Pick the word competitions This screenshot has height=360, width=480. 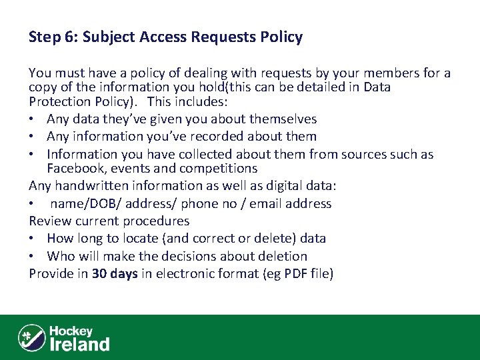(x=218, y=169)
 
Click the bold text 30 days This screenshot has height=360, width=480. (x=115, y=273)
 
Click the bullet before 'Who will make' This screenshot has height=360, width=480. (x=34, y=256)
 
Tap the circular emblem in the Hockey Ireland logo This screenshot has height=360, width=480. (x=31, y=337)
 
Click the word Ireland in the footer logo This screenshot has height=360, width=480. (x=80, y=344)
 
